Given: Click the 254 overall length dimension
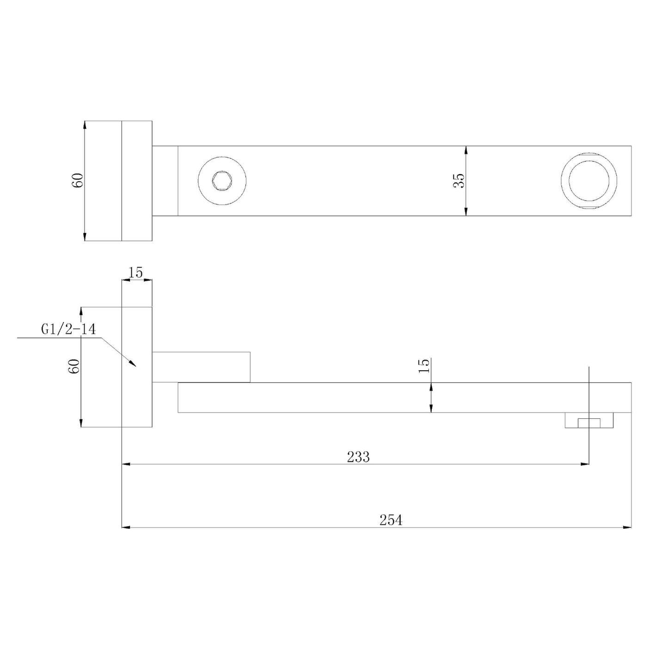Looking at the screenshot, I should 391,520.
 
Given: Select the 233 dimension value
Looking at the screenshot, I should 358,457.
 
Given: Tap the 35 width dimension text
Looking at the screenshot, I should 459,181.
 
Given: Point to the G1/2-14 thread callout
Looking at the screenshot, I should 68,329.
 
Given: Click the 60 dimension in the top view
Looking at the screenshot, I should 77,180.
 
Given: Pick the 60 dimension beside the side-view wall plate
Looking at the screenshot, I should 74,366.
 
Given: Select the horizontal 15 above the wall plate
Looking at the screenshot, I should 136,273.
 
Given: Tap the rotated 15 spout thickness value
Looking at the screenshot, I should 424,365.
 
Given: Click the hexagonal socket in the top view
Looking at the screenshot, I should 222,180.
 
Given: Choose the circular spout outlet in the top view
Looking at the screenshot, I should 588,180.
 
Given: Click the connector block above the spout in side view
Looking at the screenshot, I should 201,367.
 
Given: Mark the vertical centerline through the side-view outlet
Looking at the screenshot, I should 589,393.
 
